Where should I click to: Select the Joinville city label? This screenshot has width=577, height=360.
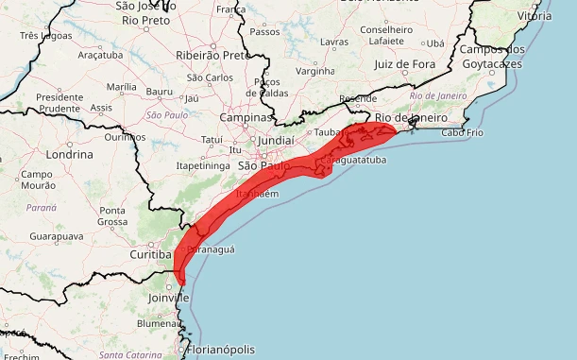point(169,298)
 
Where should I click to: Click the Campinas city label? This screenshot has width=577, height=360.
point(245,118)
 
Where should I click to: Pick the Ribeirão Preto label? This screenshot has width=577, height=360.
point(212,55)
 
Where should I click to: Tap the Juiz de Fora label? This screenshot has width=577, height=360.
point(409,64)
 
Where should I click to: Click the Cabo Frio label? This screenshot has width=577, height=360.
point(462,133)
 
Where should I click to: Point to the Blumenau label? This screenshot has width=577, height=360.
point(157,322)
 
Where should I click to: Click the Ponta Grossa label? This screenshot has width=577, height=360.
point(112,215)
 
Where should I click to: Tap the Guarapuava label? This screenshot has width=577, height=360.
point(51,235)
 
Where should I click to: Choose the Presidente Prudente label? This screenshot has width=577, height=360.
point(59,102)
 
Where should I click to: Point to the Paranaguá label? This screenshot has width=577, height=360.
point(212,249)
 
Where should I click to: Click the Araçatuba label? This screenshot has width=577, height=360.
point(99,56)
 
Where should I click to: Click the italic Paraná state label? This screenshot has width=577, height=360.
point(42,206)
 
